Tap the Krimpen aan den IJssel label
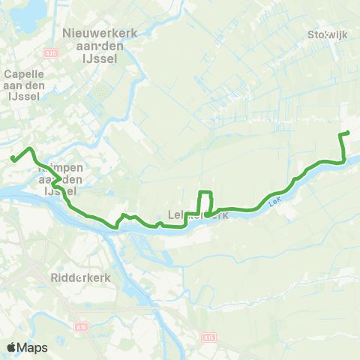63,181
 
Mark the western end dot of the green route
13,157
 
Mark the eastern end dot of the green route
347,133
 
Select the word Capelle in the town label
22,74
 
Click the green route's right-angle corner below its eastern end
343,160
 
